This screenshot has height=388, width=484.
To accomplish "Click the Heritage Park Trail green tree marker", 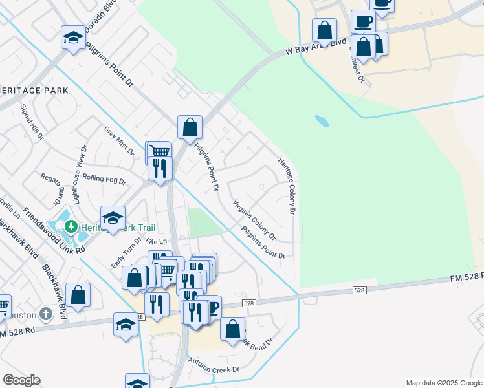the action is point(70,226).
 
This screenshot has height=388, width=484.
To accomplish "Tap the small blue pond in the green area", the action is point(322,121).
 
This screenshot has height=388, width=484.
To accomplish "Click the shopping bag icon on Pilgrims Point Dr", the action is point(190,127).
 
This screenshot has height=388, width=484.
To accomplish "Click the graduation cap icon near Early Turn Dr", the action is point(113,218).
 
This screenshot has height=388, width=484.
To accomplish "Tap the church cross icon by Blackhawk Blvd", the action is point(45,314).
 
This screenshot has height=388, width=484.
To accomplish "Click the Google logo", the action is point(21,380).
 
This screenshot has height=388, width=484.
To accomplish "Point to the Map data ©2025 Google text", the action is point(443,383).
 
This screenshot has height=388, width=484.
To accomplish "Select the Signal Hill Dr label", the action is point(32,122).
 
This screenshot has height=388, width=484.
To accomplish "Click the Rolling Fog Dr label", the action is point(104,179).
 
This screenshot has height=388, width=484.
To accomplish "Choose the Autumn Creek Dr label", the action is point(214,365).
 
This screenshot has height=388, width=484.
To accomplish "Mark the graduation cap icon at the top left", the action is point(73,38).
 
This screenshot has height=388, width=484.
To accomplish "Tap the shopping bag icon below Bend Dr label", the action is point(233,328).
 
